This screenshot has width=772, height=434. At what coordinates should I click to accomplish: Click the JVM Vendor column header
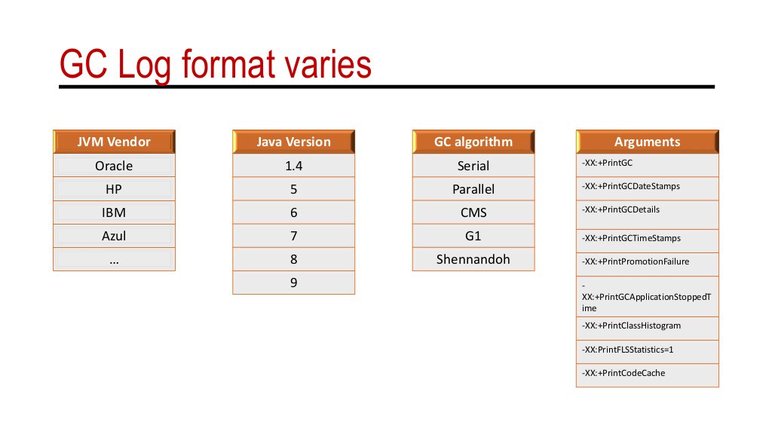point(114,142)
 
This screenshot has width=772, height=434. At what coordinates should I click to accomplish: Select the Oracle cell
point(114,166)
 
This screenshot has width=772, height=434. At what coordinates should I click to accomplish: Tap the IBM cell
point(114,212)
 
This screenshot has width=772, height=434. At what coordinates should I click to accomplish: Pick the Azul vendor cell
point(114,236)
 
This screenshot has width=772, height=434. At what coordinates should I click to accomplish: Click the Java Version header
point(293,142)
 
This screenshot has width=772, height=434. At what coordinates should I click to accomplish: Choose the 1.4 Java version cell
point(293,166)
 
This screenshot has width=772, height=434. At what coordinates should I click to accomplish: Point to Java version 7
point(293,236)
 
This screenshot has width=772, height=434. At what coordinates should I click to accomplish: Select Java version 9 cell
point(293,283)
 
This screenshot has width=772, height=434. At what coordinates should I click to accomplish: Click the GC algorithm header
point(473,142)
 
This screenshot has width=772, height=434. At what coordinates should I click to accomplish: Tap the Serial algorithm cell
point(473,166)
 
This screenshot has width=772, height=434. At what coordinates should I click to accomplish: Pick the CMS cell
point(473,212)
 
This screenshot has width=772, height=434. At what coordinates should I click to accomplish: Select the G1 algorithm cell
point(473,236)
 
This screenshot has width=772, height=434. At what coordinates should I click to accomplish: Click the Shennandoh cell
point(473,259)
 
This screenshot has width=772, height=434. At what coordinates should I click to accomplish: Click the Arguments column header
point(647,142)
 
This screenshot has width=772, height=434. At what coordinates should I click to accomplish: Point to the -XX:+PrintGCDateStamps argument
point(622,185)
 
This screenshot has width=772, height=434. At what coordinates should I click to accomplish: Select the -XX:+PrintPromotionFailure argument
point(625,261)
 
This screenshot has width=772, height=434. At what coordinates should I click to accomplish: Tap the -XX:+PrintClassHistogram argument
point(620,325)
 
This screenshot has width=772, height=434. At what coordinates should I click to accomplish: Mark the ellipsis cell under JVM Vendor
point(114,259)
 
